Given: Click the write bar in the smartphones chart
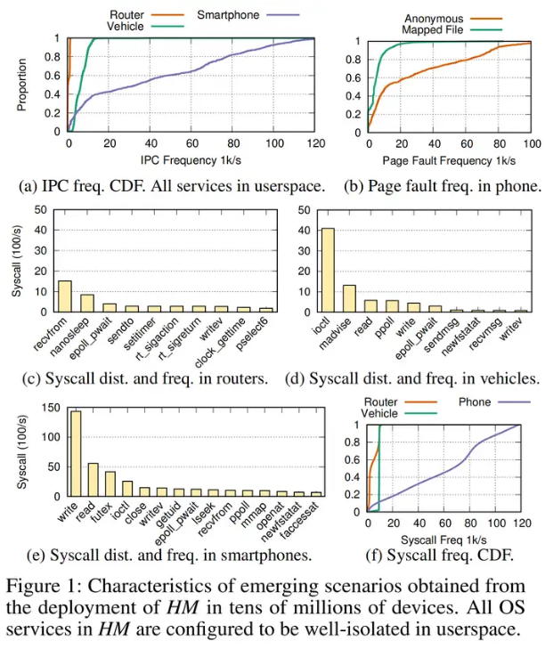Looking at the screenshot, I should click(x=76, y=453).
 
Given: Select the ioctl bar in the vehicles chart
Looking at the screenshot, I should click(x=328, y=270).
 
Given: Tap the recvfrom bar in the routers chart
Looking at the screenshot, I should click(x=65, y=296).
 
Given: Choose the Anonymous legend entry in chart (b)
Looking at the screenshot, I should click(x=434, y=18).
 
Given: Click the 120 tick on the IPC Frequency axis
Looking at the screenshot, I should click(x=314, y=143).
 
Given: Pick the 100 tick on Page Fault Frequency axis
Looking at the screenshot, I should click(x=532, y=143).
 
